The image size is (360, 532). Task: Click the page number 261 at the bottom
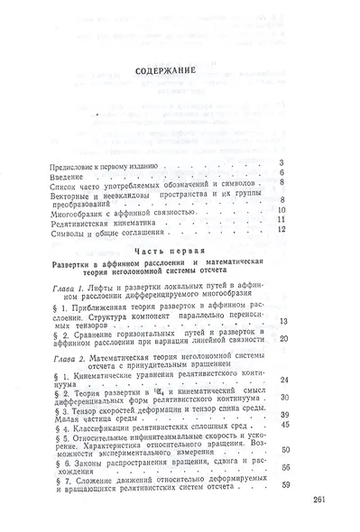(x=321, y=500)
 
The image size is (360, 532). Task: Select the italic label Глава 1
(x=70, y=285)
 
